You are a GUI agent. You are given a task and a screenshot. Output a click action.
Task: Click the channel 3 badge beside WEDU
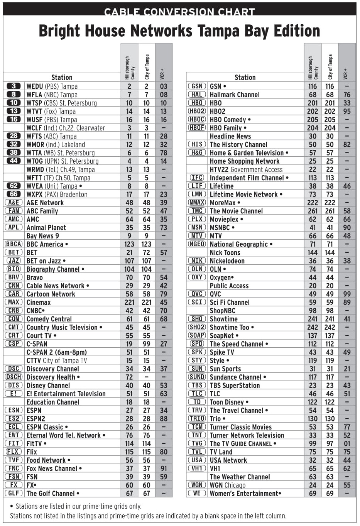click(14, 86)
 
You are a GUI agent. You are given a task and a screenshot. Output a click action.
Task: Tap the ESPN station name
click(34, 410)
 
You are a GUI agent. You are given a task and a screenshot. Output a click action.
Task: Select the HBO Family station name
click(228, 128)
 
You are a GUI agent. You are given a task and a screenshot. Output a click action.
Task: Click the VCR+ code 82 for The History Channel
click(347, 144)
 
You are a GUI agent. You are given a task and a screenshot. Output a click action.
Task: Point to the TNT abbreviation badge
click(197, 435)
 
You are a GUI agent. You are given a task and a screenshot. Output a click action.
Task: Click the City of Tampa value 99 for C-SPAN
click(147, 344)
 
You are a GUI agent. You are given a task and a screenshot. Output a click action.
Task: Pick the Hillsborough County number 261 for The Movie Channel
click(313, 211)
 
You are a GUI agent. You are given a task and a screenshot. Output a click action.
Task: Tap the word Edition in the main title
click(297, 31)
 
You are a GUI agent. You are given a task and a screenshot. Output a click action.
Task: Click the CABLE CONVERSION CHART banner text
click(179, 12)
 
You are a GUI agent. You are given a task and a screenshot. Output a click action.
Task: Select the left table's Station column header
click(62, 77)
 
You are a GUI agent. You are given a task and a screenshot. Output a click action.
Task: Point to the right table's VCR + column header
click(346, 73)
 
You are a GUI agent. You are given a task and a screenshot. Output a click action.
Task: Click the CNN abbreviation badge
click(14, 286)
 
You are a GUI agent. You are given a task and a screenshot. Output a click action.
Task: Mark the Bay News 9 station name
click(43, 236)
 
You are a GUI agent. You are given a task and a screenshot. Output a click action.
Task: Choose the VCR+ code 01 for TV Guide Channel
click(347, 443)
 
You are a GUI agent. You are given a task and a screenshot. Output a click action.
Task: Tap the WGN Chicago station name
click(227, 485)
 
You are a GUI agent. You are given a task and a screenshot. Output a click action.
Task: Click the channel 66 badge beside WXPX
click(14, 194)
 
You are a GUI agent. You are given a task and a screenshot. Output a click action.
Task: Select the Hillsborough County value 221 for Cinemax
click(129, 302)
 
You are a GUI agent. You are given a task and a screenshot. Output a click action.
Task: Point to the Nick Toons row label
click(225, 252)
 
